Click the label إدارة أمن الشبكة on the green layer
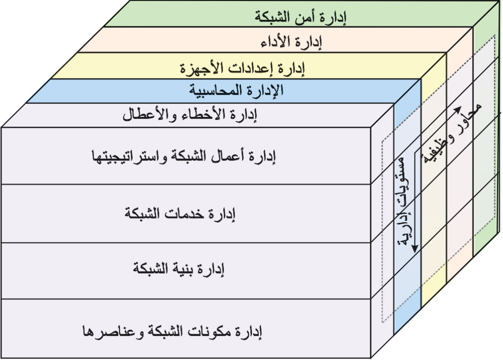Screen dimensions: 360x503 point(303,17)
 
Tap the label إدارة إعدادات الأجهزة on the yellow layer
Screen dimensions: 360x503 point(243,67)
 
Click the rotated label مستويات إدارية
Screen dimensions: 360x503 point(404,202)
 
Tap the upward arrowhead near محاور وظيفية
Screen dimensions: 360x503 point(457,108)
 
